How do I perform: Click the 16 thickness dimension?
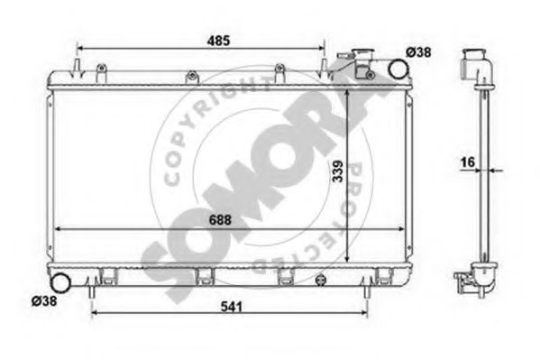(x=466, y=162)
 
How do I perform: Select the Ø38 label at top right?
(x=418, y=53)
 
